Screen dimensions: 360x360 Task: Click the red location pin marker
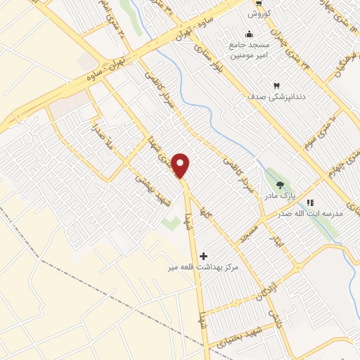(x=181, y=165)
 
